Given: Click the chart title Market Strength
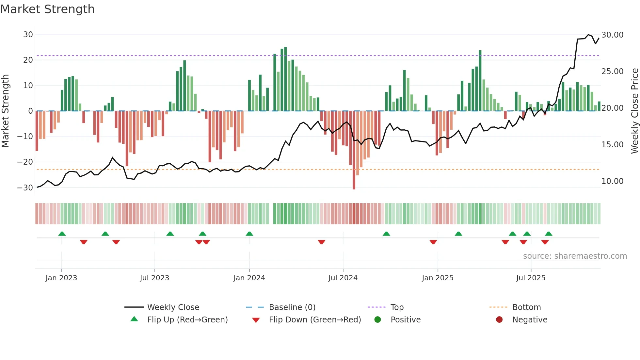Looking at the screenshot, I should click(x=47, y=9).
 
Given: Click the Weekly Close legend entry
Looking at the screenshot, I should click(x=173, y=307).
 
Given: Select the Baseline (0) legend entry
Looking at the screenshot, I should click(x=292, y=307).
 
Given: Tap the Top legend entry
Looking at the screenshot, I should click(x=397, y=307).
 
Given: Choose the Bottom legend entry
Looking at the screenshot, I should click(x=526, y=307).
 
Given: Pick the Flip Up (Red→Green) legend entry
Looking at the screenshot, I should click(x=187, y=320).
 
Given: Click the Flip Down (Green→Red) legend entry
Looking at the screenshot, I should click(x=315, y=320).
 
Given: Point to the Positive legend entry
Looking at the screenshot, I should click(x=405, y=320).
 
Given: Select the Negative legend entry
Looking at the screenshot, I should click(x=530, y=320).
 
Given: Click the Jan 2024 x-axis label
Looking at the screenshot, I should click(x=249, y=278).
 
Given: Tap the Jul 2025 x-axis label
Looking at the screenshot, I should click(x=531, y=278).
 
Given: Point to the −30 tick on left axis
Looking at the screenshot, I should click(x=25, y=188).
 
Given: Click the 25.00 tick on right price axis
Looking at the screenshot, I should click(x=612, y=72).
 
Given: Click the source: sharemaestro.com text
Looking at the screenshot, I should click(x=575, y=256).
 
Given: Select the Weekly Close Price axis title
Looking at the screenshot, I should click(x=634, y=111).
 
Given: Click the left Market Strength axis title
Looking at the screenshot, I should click(x=5, y=111).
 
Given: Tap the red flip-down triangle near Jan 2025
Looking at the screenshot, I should click(x=433, y=242).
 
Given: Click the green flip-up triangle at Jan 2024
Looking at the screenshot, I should click(x=249, y=234).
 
